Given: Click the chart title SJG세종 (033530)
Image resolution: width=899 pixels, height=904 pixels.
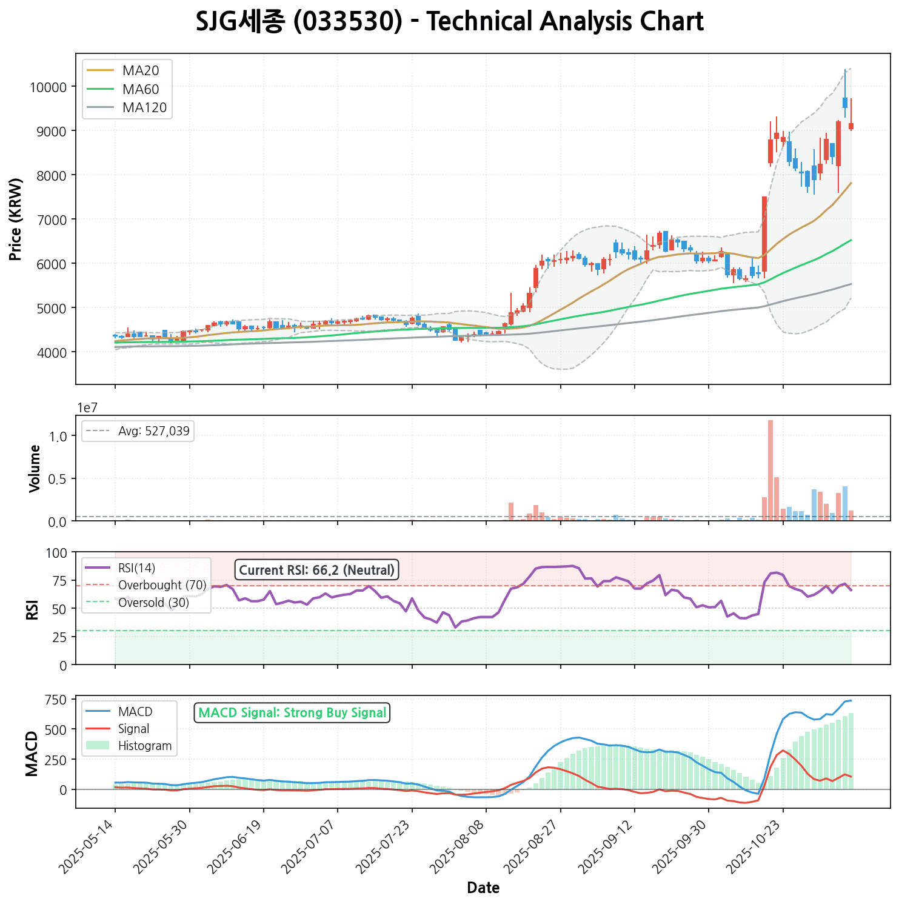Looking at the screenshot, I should (x=449, y=22).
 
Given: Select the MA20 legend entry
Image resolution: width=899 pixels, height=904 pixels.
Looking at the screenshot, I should (x=140, y=70).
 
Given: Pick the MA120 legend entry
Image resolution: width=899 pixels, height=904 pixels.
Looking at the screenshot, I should (x=144, y=108).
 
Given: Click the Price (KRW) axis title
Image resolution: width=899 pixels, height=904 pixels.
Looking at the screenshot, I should (x=16, y=219).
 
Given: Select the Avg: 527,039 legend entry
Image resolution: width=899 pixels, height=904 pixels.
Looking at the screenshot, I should (x=153, y=432).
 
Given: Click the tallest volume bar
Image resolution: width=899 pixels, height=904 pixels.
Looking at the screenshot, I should (x=770, y=470).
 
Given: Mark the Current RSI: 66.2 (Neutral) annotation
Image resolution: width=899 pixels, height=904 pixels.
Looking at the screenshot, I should (x=316, y=570).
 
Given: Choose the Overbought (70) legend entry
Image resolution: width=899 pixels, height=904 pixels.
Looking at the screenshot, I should (x=162, y=585).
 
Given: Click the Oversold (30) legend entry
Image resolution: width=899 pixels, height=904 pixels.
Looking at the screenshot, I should (x=153, y=602).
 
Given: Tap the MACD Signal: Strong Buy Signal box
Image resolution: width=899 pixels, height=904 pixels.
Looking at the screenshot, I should (x=292, y=712).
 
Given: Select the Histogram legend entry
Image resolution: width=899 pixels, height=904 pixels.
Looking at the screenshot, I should (x=145, y=746).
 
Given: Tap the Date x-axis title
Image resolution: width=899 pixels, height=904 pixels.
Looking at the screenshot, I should (x=483, y=888).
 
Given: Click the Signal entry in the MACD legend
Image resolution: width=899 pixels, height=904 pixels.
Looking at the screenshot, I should (x=133, y=729).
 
